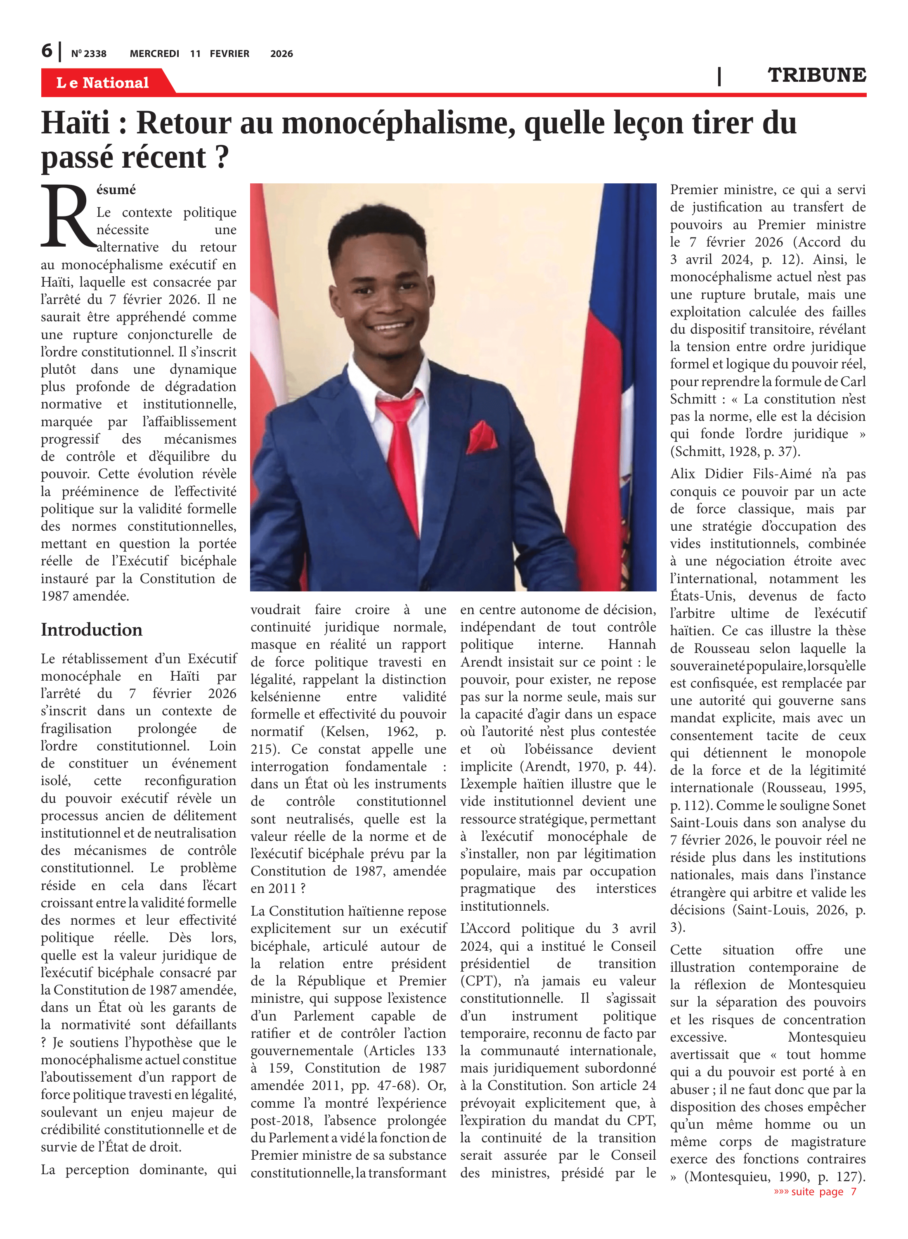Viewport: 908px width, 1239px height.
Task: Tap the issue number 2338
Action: click(x=95, y=54)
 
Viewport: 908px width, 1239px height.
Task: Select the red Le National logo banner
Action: click(x=103, y=83)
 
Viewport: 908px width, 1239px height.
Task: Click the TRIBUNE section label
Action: click(x=816, y=75)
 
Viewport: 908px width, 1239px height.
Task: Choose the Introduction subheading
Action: click(x=91, y=630)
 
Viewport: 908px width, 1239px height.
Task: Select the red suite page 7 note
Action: click(x=815, y=1192)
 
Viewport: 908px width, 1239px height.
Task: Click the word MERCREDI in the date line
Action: click(x=154, y=54)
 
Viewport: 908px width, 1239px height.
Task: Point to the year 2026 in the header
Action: click(x=281, y=54)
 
